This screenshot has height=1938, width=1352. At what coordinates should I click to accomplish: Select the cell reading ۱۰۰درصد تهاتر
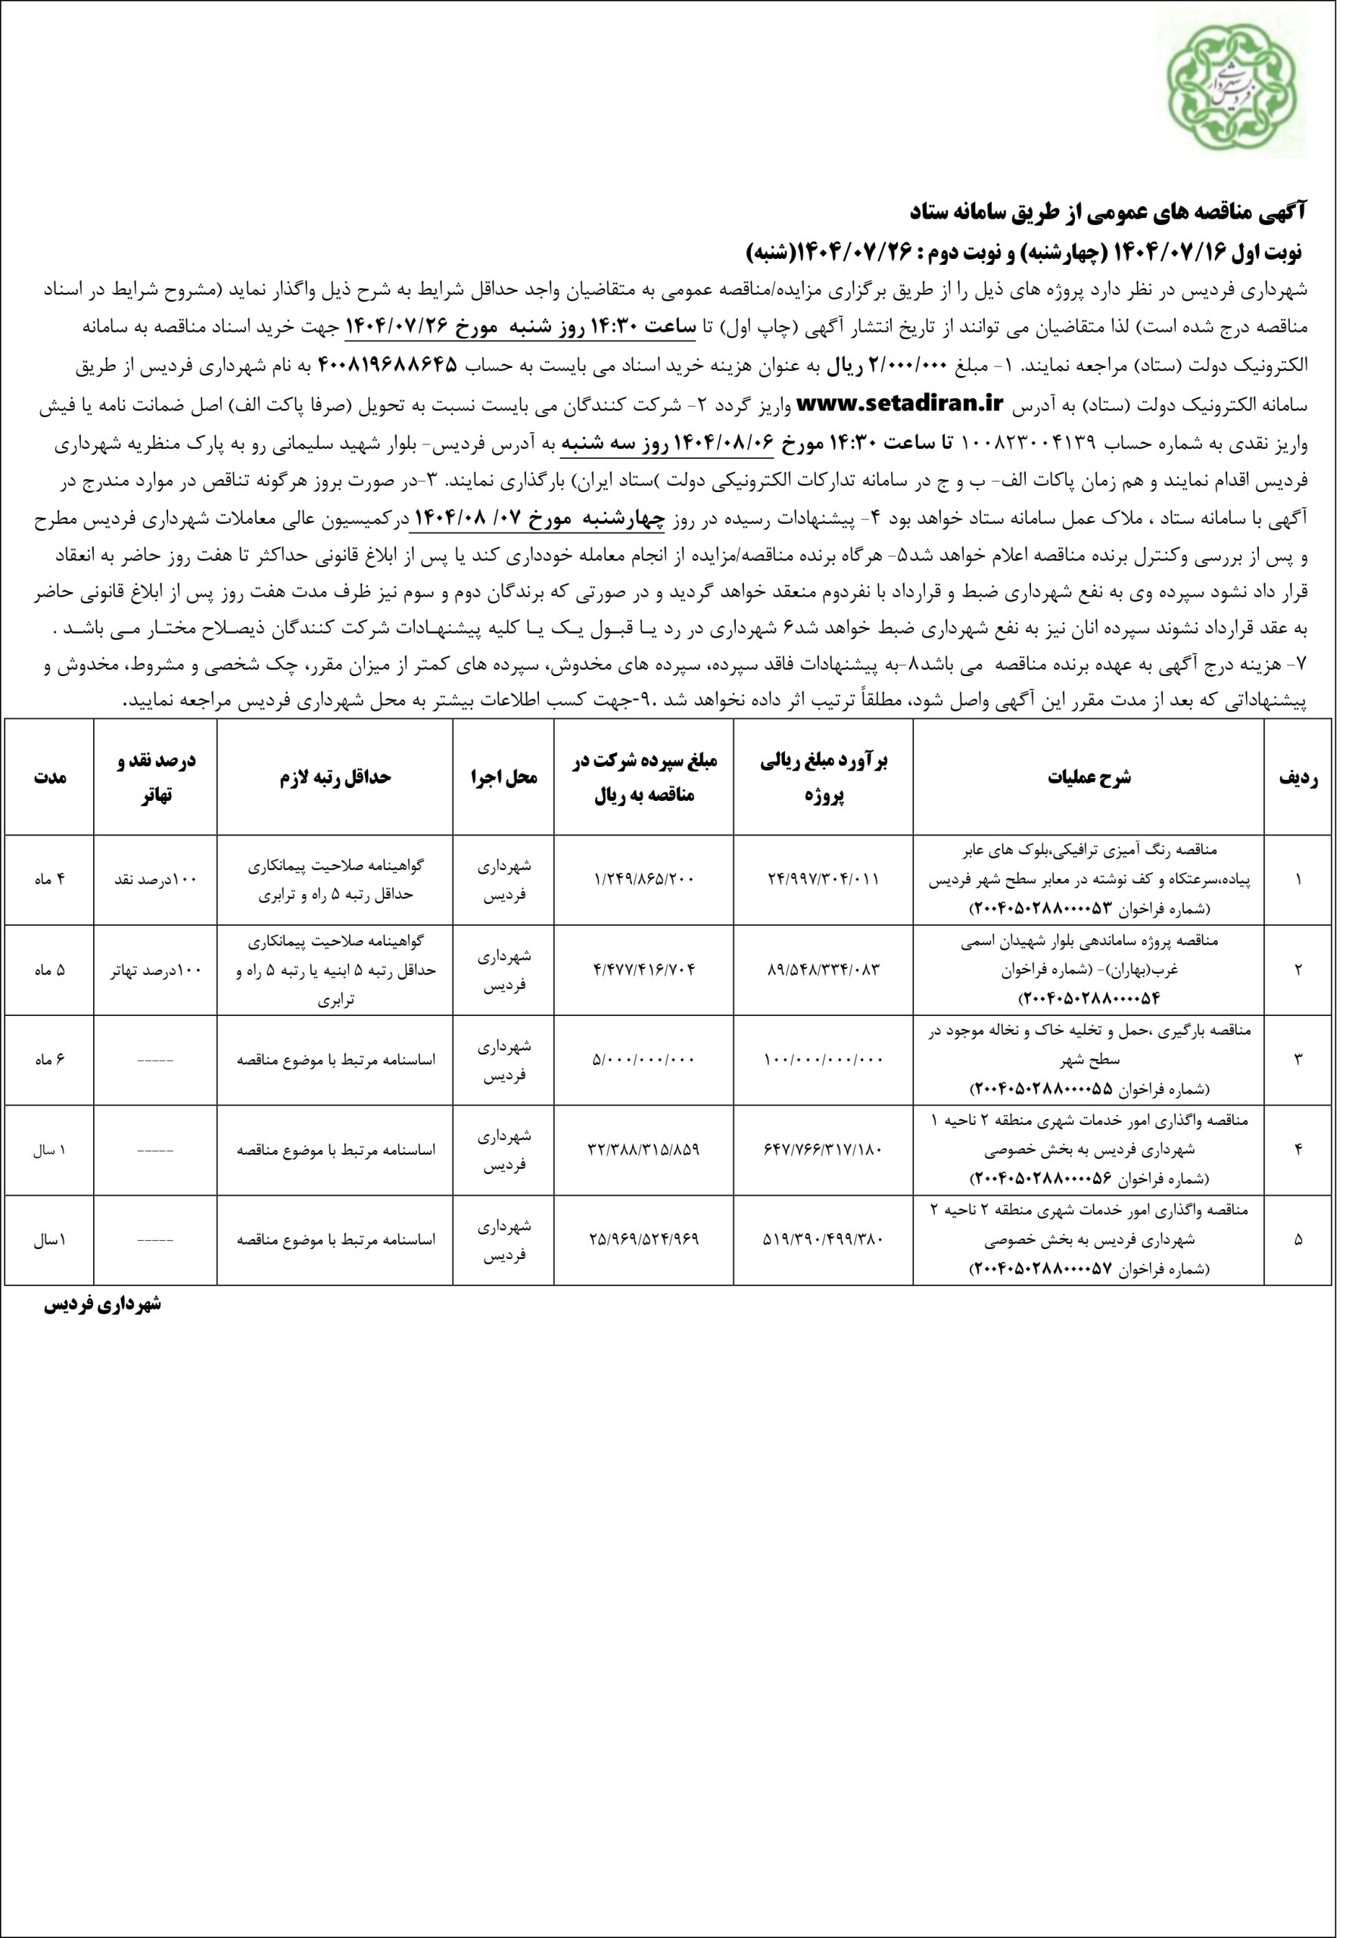(155, 970)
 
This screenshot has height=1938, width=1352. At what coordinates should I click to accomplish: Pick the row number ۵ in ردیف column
(1298, 1240)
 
